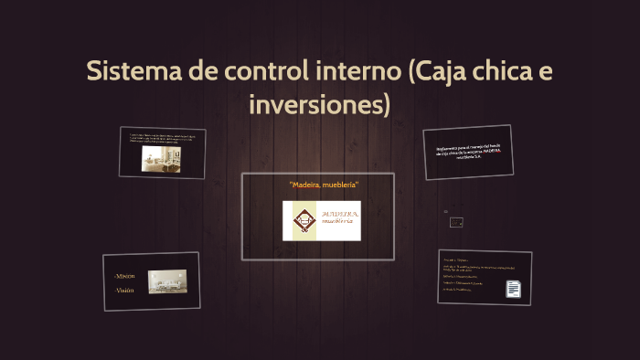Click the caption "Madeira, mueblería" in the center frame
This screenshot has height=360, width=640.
[x=324, y=185]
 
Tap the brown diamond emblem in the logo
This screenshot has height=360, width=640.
[x=300, y=221]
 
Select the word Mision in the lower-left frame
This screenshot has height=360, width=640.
[x=124, y=275]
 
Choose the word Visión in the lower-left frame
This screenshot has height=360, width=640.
[x=124, y=290]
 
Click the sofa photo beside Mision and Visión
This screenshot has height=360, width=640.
[x=167, y=281]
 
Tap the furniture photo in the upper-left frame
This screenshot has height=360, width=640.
[x=159, y=160]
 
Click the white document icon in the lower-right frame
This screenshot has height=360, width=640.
[x=514, y=289]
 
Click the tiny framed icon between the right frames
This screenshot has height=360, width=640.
[x=456, y=222]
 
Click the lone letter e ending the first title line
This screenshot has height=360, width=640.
[x=546, y=71]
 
